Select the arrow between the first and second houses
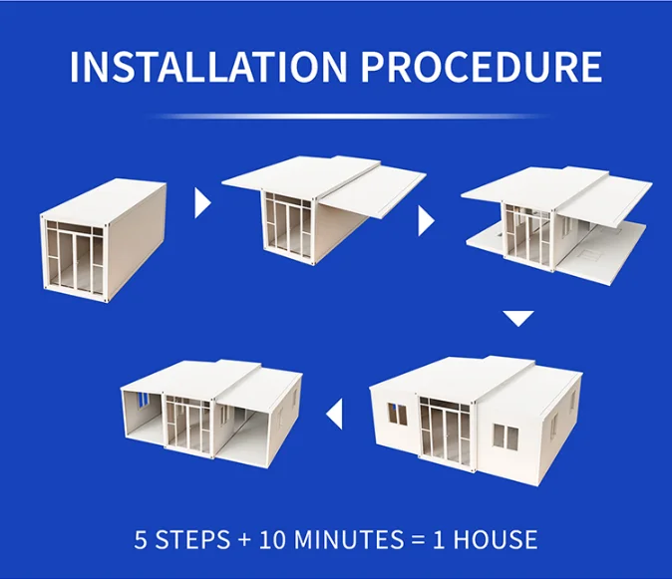click(x=203, y=203)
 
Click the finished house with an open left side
click(x=212, y=409)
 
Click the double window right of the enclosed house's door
click(x=505, y=435)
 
